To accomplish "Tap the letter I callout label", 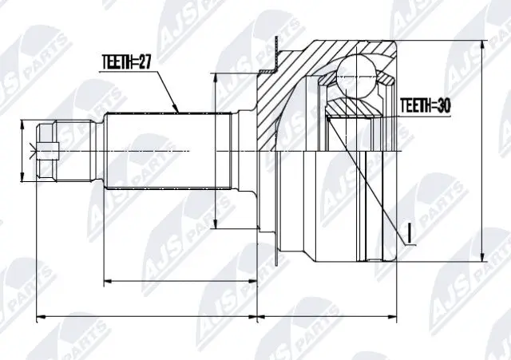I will pyautogui.click(x=409, y=233).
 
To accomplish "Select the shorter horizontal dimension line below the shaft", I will pyautogui.click(x=180, y=281).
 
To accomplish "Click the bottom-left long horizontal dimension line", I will pyautogui.click(x=149, y=318).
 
